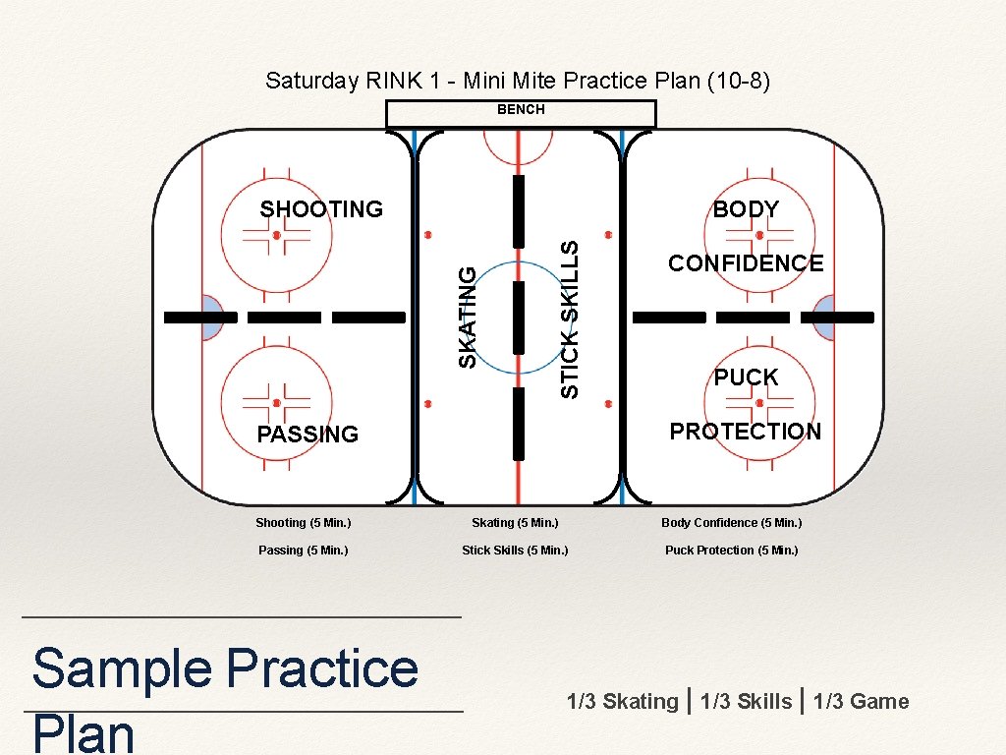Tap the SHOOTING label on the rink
(321, 209)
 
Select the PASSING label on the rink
(307, 435)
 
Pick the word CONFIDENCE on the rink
(746, 263)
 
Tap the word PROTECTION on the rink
(745, 432)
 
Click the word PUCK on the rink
(746, 377)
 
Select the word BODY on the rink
(746, 209)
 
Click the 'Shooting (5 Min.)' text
(303, 523)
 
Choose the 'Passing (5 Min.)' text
(303, 551)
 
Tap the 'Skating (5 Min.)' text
(515, 523)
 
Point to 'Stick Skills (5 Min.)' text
(515, 551)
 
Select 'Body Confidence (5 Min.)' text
(731, 523)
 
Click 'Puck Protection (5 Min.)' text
(731, 551)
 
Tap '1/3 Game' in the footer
(862, 702)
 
